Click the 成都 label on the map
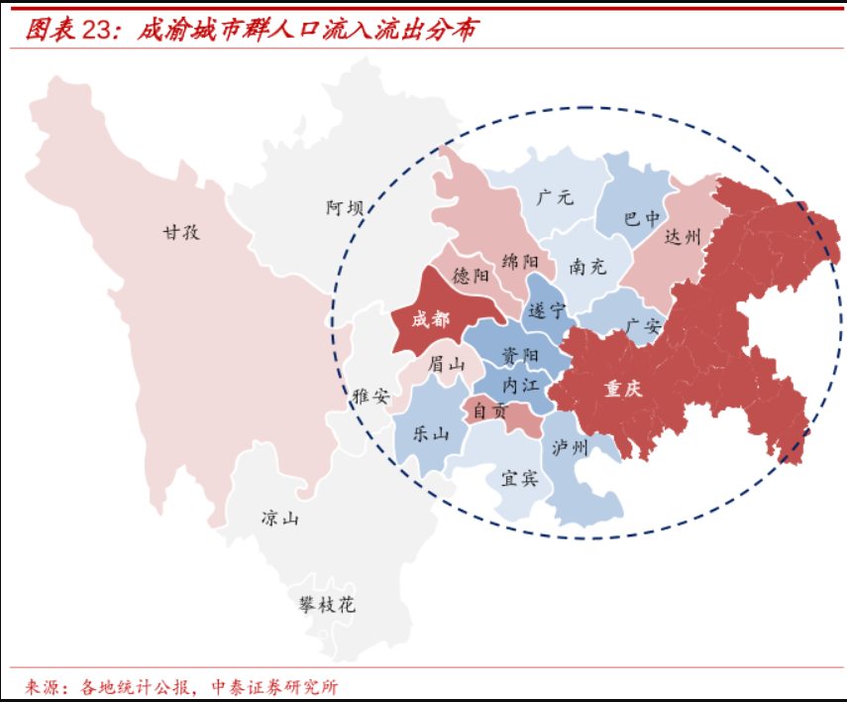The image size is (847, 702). [431, 319]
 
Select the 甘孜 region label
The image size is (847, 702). [181, 232]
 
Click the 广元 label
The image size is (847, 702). [555, 196]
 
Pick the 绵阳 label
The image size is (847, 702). [520, 261]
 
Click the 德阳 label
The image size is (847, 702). [471, 276]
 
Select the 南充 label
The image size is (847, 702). [587, 267]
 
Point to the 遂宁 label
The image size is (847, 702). [547, 309]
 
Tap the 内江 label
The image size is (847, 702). [520, 383]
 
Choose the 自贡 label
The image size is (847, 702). [488, 409]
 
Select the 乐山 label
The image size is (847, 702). [429, 433]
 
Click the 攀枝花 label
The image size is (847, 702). [327, 604]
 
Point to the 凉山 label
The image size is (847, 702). [279, 518]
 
